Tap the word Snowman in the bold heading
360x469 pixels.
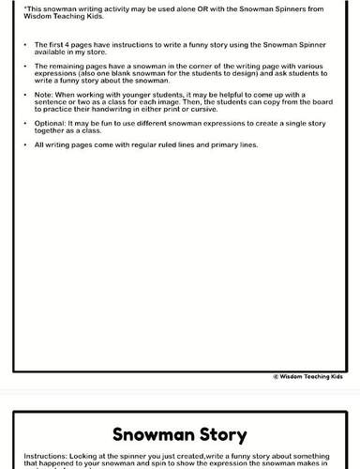pyautogui.click(x=149, y=435)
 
